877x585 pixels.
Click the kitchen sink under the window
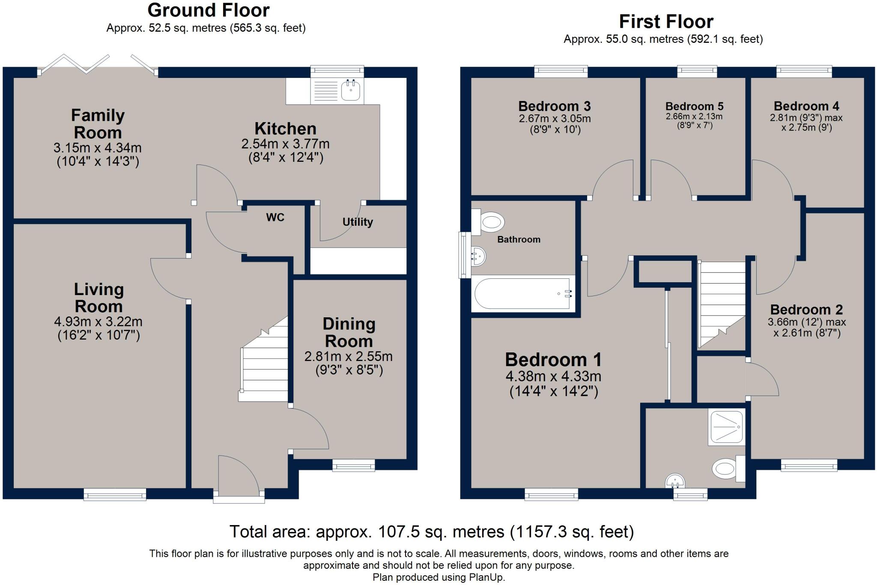coord(337,91)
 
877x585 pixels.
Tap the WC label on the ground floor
coord(275,218)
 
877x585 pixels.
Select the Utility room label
coord(358,222)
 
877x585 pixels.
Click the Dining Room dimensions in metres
coord(349,356)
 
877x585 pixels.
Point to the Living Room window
coord(115,495)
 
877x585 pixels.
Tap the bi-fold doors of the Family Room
coord(98,65)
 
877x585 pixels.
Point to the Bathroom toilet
coord(488,222)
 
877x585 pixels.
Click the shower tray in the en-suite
coord(727,427)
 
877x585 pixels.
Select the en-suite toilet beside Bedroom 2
coord(728,469)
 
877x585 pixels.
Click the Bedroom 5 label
coord(694,106)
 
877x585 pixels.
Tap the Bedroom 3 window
coord(561,72)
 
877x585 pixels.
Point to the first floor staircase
coord(722,304)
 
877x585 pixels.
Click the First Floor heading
coord(666,21)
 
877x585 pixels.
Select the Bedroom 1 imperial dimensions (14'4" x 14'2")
coord(554,391)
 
